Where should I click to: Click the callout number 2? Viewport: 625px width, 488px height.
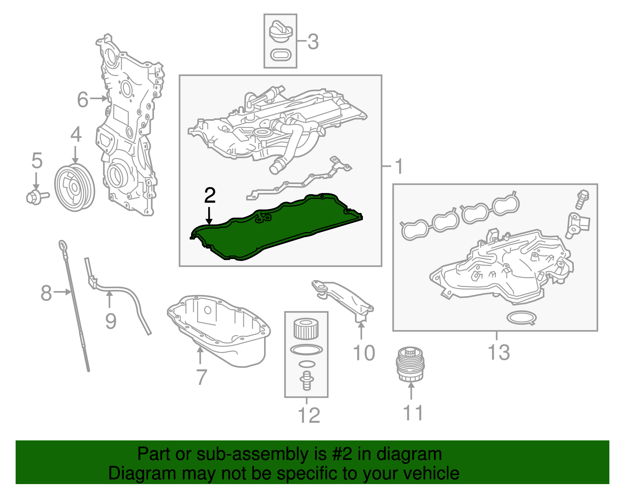210,195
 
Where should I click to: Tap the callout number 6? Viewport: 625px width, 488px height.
82,100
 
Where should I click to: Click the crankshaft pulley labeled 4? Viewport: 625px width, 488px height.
75,188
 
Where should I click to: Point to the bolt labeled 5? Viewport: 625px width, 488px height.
37,197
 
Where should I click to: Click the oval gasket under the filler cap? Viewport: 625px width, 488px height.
280,55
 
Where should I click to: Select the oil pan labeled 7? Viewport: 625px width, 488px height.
219,331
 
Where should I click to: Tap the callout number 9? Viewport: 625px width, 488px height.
111,321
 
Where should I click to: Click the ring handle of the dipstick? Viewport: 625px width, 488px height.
63,246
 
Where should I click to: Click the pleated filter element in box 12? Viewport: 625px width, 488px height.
306,329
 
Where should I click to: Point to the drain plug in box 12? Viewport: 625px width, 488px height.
307,381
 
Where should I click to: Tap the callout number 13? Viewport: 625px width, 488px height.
499,352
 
